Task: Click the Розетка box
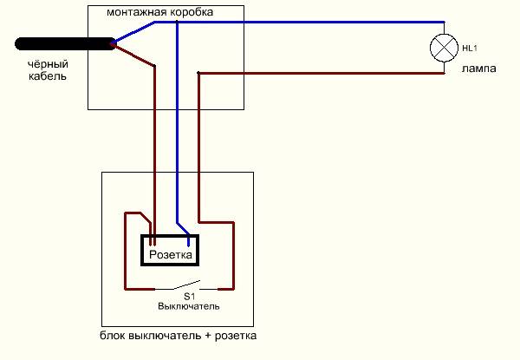[171, 255]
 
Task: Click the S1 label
[189, 296]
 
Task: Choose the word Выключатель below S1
[188, 306]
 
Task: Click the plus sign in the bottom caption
[212, 335]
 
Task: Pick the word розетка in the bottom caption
[238, 335]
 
